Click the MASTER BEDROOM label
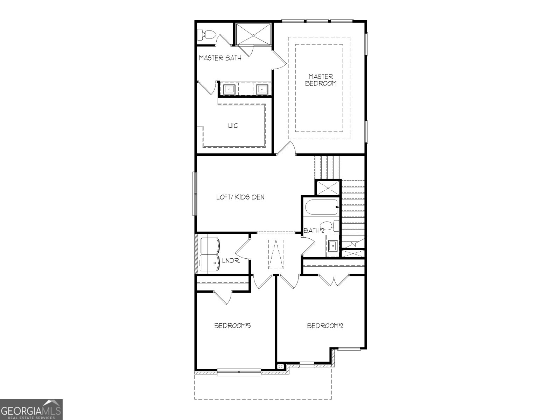tap(321, 79)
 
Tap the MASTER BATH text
tap(220, 58)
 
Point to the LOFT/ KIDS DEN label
tap(240, 197)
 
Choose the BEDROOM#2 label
tap(324, 326)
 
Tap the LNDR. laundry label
tap(231, 261)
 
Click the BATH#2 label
tap(314, 231)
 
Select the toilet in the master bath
tap(206, 35)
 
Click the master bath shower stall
tap(253, 34)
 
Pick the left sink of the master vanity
tap(229, 90)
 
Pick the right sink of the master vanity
tap(261, 90)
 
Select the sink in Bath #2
tap(332, 246)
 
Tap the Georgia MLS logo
tap(31, 409)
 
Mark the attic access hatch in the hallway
tap(276, 254)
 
